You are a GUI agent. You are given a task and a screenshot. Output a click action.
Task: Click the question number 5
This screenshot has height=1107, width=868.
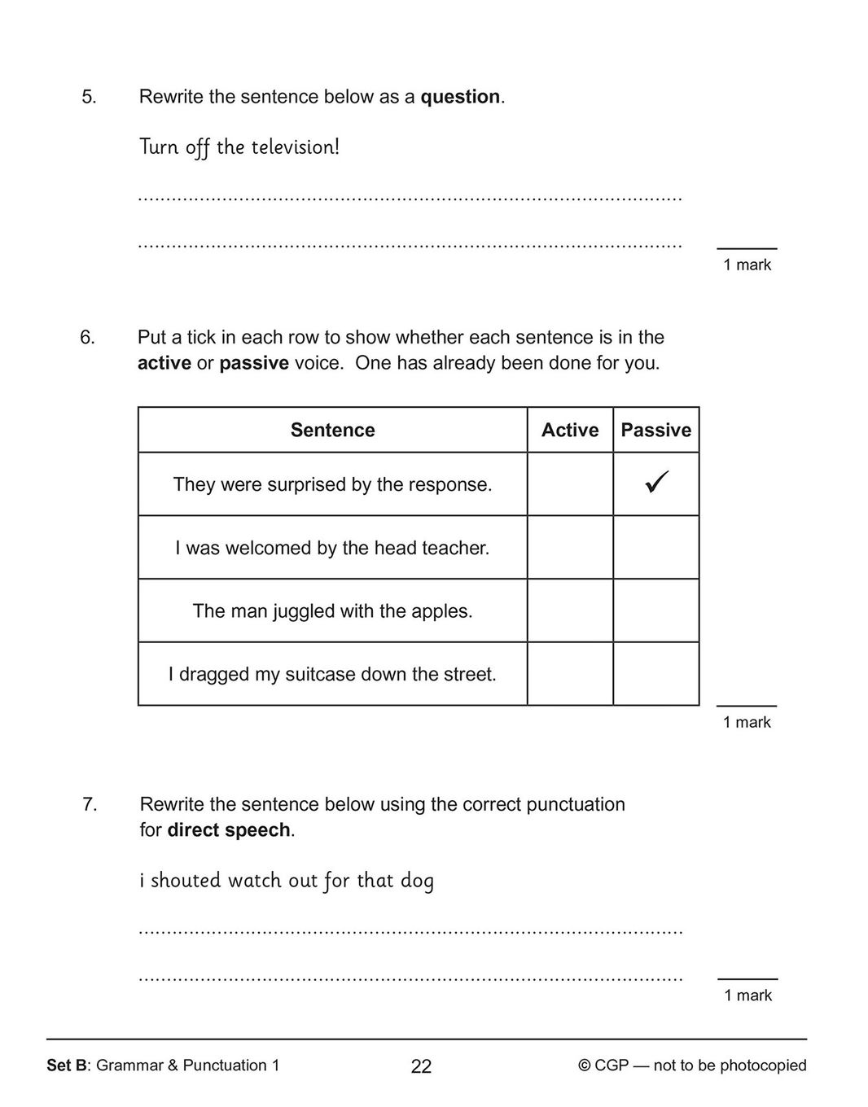[89, 97]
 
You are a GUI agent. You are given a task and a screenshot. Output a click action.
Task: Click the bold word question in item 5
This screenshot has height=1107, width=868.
[460, 97]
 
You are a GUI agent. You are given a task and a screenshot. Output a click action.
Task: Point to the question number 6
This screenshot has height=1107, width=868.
[87, 337]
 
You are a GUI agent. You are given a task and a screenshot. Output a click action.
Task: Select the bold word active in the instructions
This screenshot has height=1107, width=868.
[164, 363]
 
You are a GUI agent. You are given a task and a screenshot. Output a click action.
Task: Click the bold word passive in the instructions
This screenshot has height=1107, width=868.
[254, 363]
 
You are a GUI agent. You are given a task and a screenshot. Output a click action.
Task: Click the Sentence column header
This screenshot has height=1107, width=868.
[332, 430]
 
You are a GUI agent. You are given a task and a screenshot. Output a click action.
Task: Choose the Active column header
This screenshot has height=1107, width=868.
[570, 430]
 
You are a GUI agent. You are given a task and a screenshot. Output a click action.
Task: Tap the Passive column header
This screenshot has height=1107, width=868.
[655, 430]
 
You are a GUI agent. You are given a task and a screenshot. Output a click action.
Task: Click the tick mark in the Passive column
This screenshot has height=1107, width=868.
[656, 482]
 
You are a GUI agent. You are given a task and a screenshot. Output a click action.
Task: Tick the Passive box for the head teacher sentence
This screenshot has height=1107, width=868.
[655, 547]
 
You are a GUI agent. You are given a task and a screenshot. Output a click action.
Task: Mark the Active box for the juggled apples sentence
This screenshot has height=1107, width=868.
[570, 610]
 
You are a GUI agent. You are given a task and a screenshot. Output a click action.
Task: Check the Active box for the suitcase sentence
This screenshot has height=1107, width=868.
[570, 674]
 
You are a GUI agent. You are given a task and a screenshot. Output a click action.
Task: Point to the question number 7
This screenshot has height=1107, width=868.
[90, 804]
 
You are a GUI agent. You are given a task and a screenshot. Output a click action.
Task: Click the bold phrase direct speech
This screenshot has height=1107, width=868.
[229, 830]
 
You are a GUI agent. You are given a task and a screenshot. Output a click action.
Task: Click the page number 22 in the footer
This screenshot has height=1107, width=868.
[421, 1066]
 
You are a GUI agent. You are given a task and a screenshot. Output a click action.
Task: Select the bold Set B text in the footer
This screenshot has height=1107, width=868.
[68, 1065]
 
